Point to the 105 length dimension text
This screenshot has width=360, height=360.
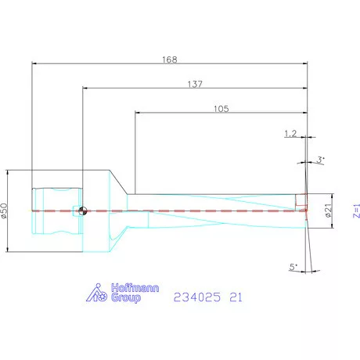click(x=221, y=109)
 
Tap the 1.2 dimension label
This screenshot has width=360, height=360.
click(x=291, y=134)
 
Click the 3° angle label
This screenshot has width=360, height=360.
click(x=320, y=160)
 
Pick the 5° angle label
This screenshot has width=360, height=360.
click(x=293, y=267)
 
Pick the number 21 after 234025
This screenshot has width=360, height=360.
click(x=237, y=297)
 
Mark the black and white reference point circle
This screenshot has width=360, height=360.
click(x=82, y=210)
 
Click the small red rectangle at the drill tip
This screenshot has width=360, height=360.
click(x=301, y=202)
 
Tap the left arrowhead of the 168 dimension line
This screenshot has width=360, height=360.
click(x=34, y=63)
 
